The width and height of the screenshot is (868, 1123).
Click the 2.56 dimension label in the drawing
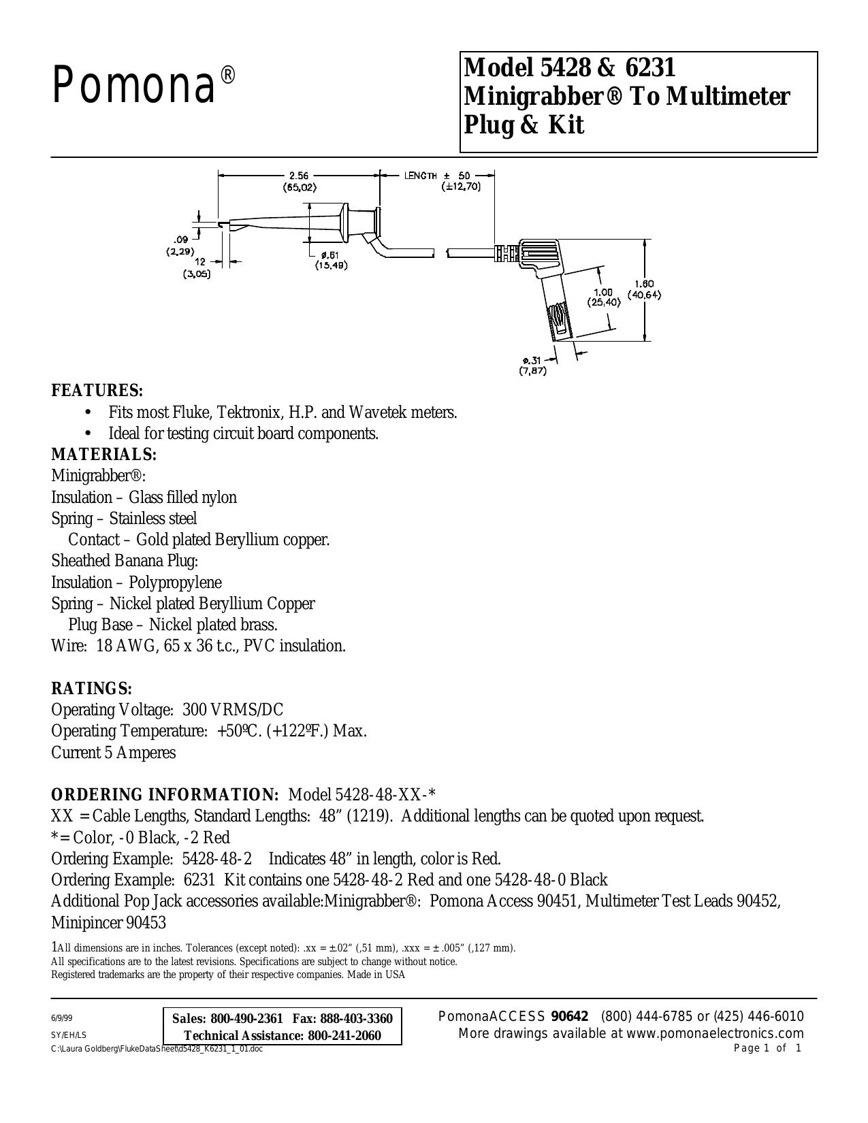point(299,176)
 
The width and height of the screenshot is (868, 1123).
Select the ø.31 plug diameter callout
point(532,360)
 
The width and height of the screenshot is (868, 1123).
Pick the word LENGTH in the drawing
point(420,176)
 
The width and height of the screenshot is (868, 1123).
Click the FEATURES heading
point(97,391)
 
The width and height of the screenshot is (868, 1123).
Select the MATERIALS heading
point(103,455)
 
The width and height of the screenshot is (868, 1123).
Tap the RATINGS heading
point(91,689)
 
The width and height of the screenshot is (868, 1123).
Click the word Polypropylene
point(175,583)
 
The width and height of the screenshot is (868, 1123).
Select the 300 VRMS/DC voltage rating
point(233,710)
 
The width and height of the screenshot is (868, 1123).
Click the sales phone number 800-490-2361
point(246,1019)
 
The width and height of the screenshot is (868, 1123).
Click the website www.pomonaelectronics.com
point(715,1034)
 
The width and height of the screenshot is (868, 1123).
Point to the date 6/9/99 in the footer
point(61,1019)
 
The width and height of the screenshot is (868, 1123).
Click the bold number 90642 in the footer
point(569,1017)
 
